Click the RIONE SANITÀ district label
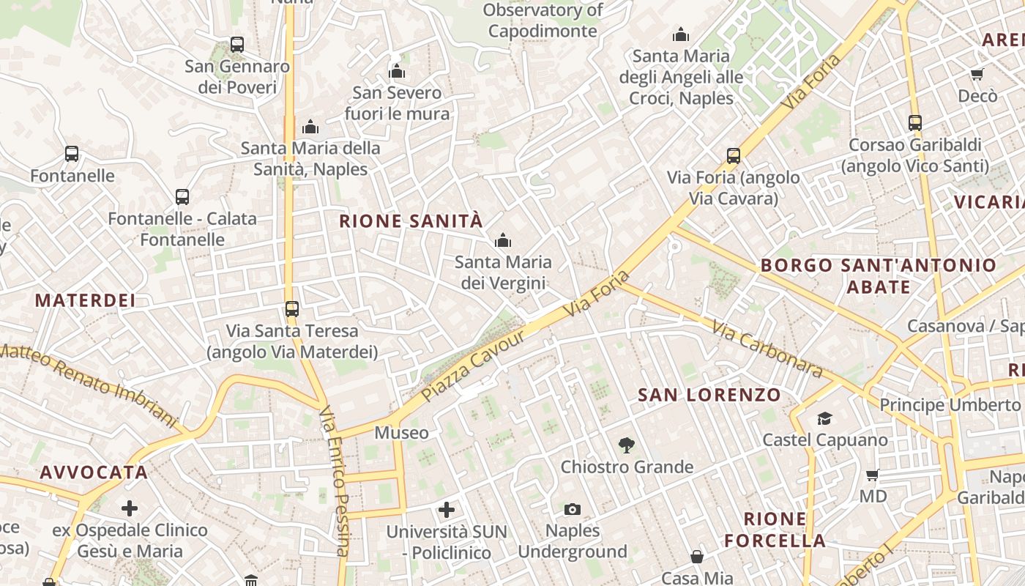click(x=411, y=220)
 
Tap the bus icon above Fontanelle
click(x=71, y=154)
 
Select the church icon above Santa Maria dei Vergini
click(x=502, y=240)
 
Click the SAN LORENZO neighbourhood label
click(x=709, y=395)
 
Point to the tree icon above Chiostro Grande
click(x=626, y=444)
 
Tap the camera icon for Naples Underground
click(x=573, y=508)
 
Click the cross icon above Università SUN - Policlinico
click(x=447, y=509)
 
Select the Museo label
click(x=401, y=433)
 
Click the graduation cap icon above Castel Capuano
click(x=824, y=418)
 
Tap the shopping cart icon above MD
click(x=872, y=475)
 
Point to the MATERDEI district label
click(x=85, y=300)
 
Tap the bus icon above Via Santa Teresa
click(x=291, y=308)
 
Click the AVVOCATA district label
click(x=94, y=472)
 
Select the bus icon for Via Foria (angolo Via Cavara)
click(x=733, y=155)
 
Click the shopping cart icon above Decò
click(x=977, y=74)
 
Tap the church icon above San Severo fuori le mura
click(x=397, y=71)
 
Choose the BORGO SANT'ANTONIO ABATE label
click(x=879, y=275)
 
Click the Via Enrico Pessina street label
click(x=334, y=480)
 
